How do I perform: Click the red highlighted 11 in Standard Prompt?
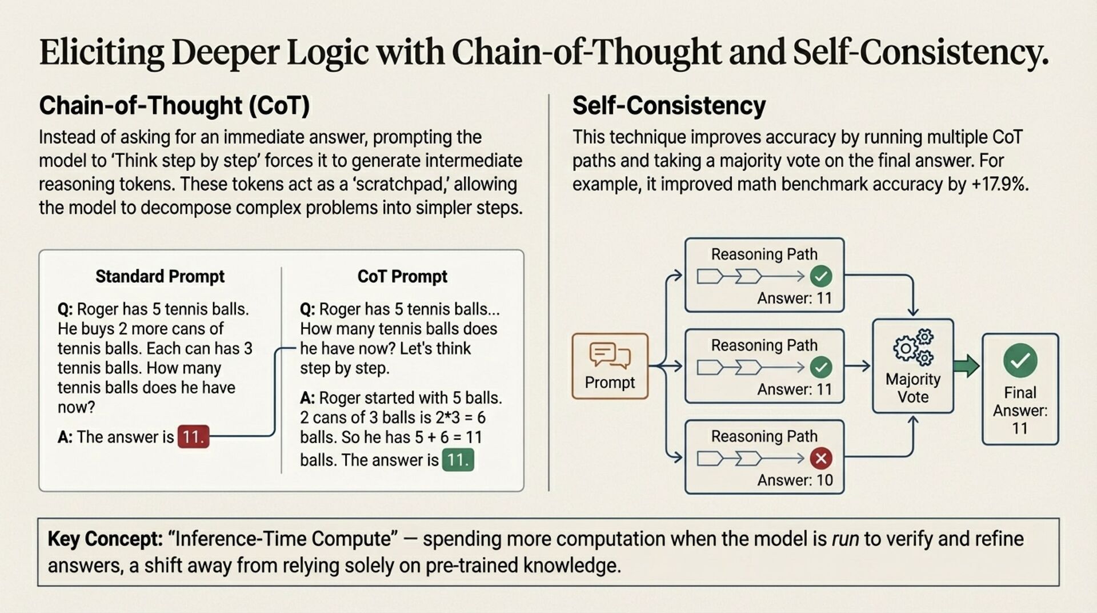point(193,437)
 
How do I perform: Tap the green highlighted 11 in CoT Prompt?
point(458,460)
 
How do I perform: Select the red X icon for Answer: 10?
point(821,458)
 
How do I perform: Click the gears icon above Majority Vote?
point(913,347)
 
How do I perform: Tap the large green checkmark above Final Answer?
point(1020,360)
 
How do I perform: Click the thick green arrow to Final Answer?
point(966,366)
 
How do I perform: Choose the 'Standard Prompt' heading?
point(160,276)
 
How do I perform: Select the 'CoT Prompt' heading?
point(402,276)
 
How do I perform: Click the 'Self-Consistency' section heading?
point(669,106)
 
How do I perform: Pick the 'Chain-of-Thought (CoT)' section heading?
point(174,106)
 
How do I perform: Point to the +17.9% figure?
point(999,184)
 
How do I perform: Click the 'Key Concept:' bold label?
point(105,539)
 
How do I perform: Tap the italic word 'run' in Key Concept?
point(845,539)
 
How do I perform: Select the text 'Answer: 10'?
point(795,480)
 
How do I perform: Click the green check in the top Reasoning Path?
point(821,276)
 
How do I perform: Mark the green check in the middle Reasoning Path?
point(821,367)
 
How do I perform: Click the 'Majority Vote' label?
point(913,388)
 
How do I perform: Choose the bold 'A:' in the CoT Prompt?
point(307,397)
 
